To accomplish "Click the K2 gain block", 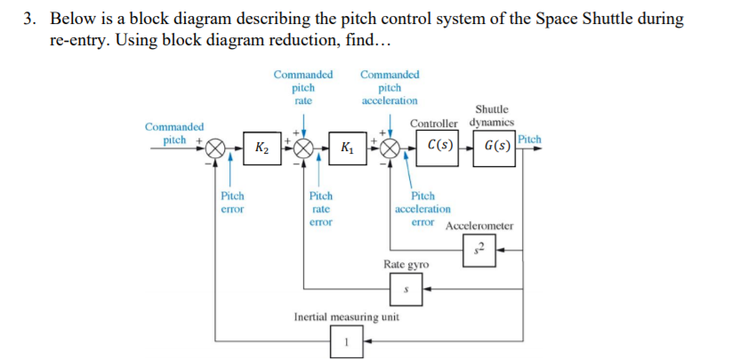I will [x=261, y=147].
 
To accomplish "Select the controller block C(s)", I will [x=439, y=145].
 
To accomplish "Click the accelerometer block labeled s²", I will [x=479, y=250].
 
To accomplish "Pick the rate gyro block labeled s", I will [x=406, y=288].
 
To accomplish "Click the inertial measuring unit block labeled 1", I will [x=347, y=341].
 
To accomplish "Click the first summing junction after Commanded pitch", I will [x=215, y=147].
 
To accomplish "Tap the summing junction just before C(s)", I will [x=390, y=147].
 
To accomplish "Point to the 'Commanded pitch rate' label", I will [x=303, y=88].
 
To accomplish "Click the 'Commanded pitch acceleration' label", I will [x=390, y=88].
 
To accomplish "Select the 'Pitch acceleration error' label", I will [x=423, y=208].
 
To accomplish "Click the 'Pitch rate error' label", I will [x=320, y=208].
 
